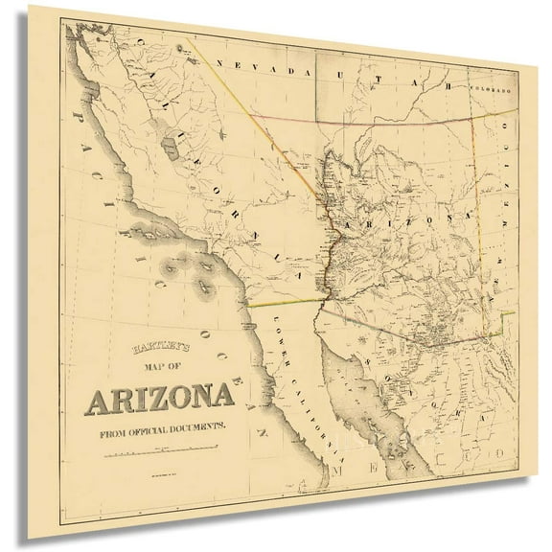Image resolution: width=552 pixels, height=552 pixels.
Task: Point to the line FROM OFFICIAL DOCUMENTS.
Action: pos(160,428)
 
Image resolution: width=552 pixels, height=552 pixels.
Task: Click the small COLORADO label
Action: pos(490,90)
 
